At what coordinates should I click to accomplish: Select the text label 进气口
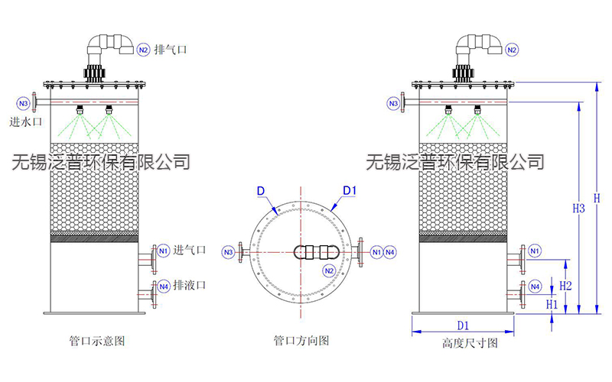[x=190, y=250]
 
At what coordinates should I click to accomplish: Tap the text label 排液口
[x=190, y=286]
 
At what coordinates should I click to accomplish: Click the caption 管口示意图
[x=97, y=341]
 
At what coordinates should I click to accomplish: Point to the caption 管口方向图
[x=301, y=341]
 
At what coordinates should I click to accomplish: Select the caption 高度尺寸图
[x=470, y=343]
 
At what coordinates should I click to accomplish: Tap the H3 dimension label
[x=579, y=208]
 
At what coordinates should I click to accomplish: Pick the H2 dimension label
[x=566, y=285]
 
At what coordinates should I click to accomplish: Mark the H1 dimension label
[x=552, y=303]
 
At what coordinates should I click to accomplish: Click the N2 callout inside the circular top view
[x=329, y=270]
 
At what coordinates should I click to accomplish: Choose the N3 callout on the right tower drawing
[x=394, y=102]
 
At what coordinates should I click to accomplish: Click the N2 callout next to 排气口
[x=143, y=50]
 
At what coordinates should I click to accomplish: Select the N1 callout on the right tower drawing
[x=535, y=251]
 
